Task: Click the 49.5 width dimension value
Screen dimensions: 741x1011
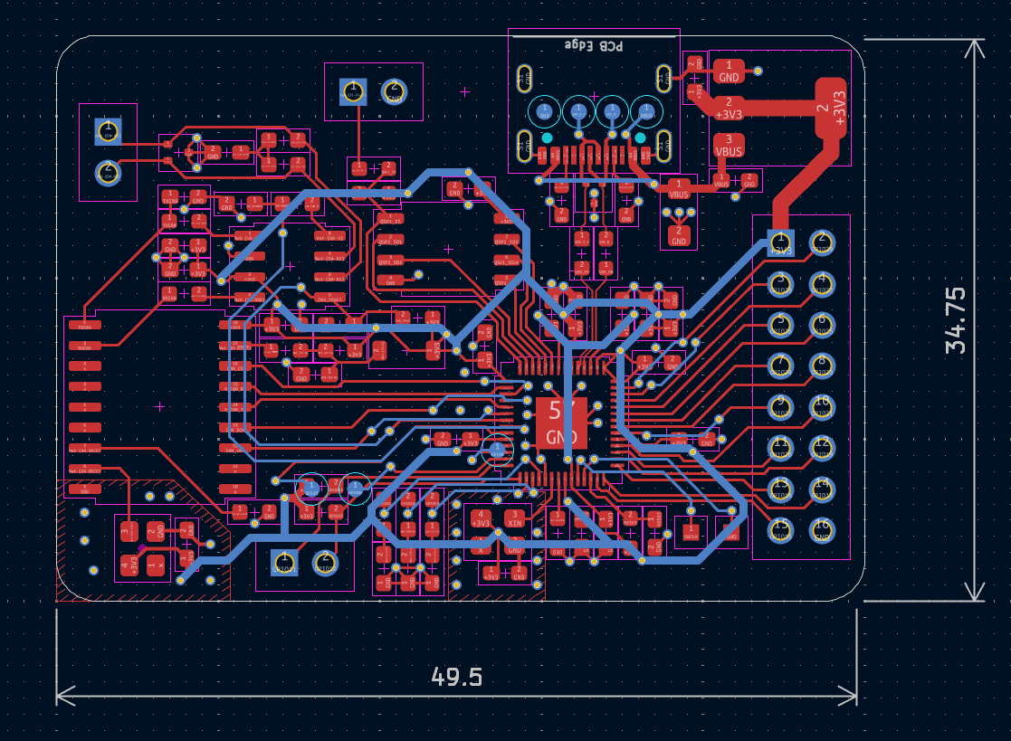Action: [456, 676]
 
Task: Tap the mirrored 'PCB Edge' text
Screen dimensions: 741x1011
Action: [594, 44]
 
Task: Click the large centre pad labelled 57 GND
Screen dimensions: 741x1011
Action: [561, 423]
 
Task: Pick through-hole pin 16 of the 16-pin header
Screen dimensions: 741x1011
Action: [821, 528]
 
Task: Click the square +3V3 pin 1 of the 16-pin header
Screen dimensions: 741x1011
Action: [779, 242]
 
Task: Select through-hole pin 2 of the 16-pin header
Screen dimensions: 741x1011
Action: [821, 242]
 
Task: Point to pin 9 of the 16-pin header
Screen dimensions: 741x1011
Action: [779, 406]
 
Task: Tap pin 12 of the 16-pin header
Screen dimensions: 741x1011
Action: [821, 447]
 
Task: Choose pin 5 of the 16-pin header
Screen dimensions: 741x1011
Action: [779, 324]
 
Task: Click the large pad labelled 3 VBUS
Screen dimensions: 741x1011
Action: [729, 145]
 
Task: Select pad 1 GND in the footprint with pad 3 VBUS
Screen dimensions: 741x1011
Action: [729, 71]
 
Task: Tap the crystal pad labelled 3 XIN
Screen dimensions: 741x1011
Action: [515, 518]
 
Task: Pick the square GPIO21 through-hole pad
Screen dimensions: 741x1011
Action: [283, 563]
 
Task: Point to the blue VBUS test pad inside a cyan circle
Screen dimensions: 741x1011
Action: [496, 450]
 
